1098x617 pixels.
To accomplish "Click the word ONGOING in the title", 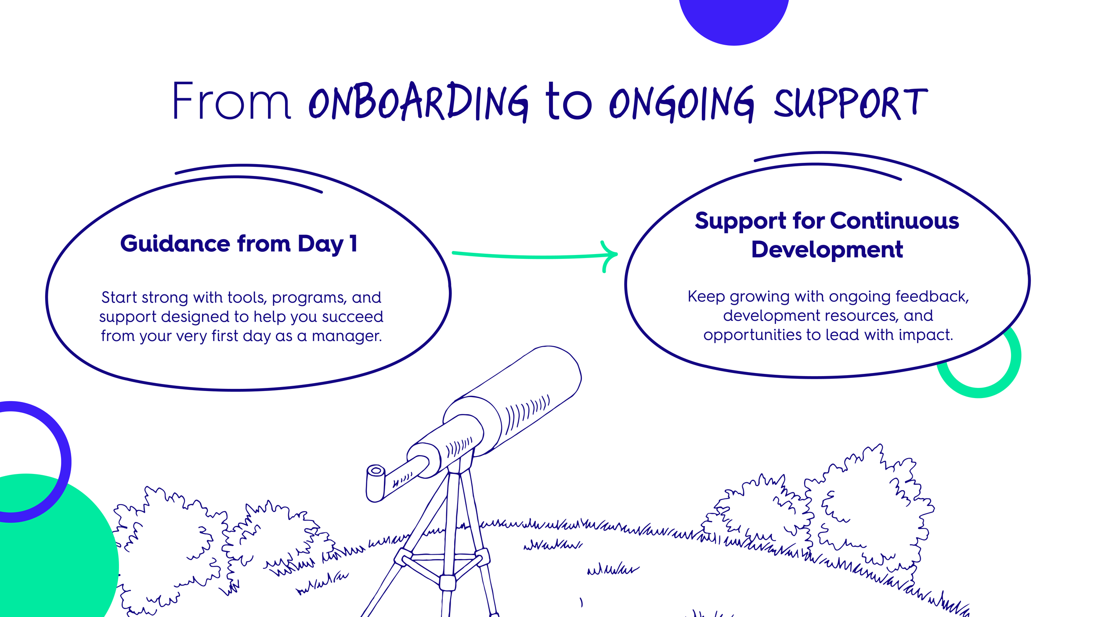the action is [x=681, y=104].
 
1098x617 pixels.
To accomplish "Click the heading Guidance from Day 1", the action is [x=239, y=244].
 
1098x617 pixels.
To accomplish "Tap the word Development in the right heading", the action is [x=827, y=250].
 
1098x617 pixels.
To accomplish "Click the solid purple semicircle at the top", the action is [x=733, y=18].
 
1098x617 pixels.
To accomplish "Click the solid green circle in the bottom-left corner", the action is [x=53, y=566].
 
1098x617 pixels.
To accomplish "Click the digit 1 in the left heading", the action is [x=354, y=244].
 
